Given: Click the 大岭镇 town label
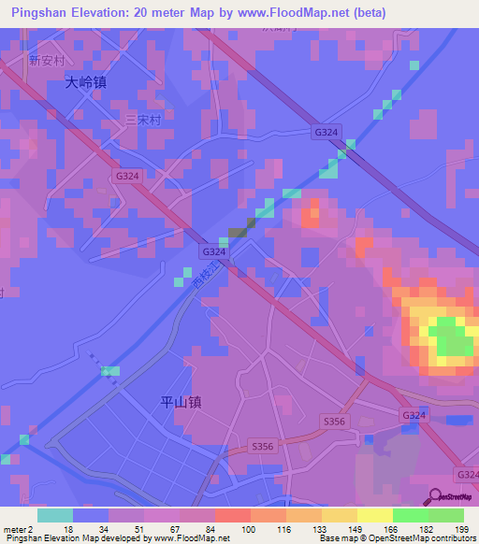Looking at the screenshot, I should (x=86, y=82).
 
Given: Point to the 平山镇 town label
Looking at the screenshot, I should (x=181, y=403).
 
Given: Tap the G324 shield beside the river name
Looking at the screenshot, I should (x=213, y=252).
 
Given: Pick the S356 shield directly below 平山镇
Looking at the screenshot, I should (x=263, y=448).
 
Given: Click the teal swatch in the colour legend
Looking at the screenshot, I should (x=55, y=515).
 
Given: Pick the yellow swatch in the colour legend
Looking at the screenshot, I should (x=374, y=515).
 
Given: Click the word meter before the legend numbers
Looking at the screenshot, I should (x=14, y=529).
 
